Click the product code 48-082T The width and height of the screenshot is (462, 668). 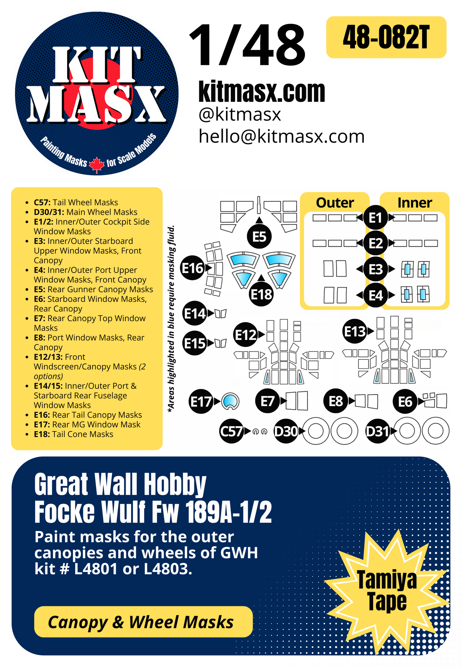click(x=386, y=37)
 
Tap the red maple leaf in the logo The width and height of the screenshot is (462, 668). click(x=97, y=165)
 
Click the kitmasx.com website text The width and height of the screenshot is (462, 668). click(x=262, y=92)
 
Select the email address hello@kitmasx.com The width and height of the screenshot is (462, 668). click(x=281, y=136)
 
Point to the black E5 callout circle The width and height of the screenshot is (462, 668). click(x=259, y=237)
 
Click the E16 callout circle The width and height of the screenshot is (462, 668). click(x=192, y=268)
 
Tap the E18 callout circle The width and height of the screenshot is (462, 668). click(x=261, y=294)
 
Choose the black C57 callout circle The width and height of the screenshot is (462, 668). click(x=231, y=431)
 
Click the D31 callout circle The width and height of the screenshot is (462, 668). click(x=377, y=431)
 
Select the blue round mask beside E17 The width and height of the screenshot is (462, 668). click(x=230, y=401)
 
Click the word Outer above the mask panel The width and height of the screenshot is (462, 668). click(x=335, y=203)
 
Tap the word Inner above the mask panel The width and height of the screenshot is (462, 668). click(x=414, y=203)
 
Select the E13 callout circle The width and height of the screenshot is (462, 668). click(x=354, y=331)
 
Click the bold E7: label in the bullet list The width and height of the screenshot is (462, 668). click(x=40, y=318)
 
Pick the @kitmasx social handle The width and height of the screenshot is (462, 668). click(x=240, y=115)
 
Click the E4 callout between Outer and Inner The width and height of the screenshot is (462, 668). click(x=376, y=295)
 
